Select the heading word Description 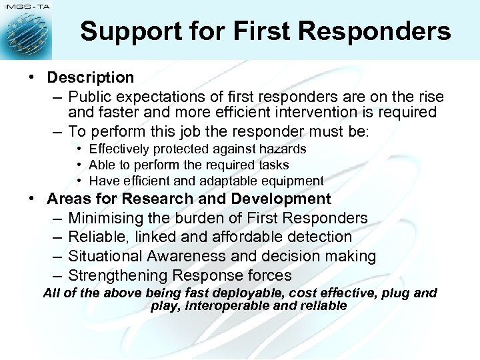(x=91, y=78)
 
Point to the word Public (x=90, y=97)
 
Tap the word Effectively (x=123, y=149)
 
